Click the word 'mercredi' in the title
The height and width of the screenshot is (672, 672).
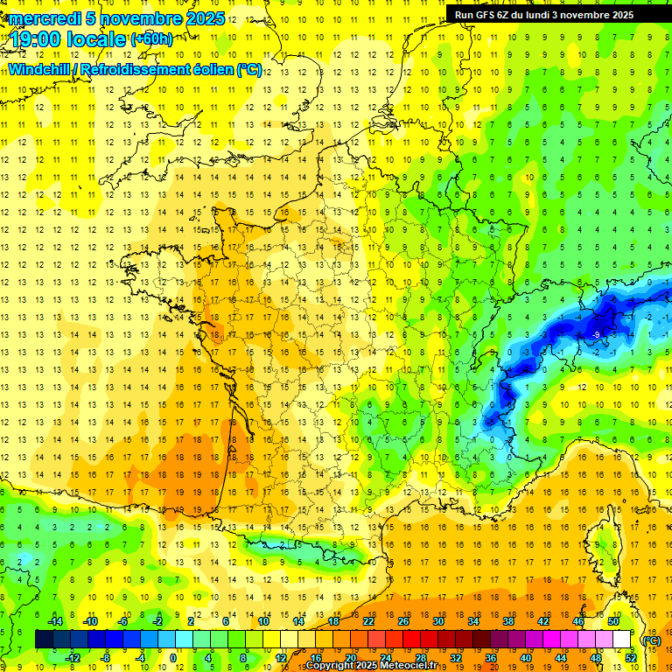[x=41, y=18]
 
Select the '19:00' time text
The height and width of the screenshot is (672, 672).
[x=37, y=39]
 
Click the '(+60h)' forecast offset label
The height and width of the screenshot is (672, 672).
[x=151, y=38]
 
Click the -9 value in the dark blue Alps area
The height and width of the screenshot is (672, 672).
[x=595, y=334]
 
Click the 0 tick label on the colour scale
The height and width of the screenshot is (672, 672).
[x=173, y=657]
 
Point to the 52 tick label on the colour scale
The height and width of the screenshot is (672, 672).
[x=631, y=657]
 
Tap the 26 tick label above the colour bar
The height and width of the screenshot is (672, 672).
[x=403, y=620]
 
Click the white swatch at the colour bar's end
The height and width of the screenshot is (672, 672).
[x=622, y=640]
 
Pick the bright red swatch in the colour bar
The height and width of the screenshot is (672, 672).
[x=411, y=640]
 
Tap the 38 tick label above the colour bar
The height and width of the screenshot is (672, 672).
[x=508, y=620]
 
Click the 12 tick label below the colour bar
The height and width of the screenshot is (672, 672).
[x=281, y=657]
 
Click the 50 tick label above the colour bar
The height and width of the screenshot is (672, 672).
[x=613, y=620]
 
